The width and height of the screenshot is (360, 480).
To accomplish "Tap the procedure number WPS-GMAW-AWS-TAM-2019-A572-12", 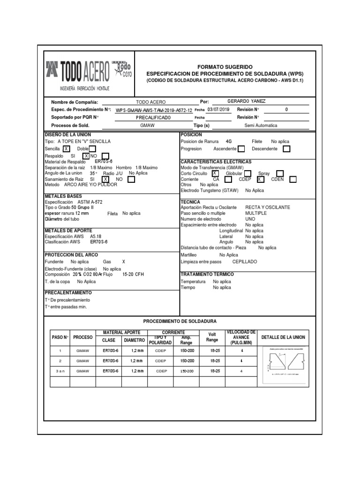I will tap(154, 110).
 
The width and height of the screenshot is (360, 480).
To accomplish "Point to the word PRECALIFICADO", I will tap(150, 118).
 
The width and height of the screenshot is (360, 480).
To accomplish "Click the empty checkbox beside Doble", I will tap(92, 149).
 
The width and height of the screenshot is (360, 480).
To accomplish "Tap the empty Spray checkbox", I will tap(280, 173).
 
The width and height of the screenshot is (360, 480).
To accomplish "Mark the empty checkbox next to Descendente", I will tap(286, 149).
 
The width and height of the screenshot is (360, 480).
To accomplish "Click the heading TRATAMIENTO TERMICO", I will tap(207, 274).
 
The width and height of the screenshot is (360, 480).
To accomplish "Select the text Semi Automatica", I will tap(261, 126).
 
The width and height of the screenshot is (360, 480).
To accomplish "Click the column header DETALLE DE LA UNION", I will tap(283, 337).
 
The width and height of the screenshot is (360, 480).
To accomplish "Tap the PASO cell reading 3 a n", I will tap(60, 371).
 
